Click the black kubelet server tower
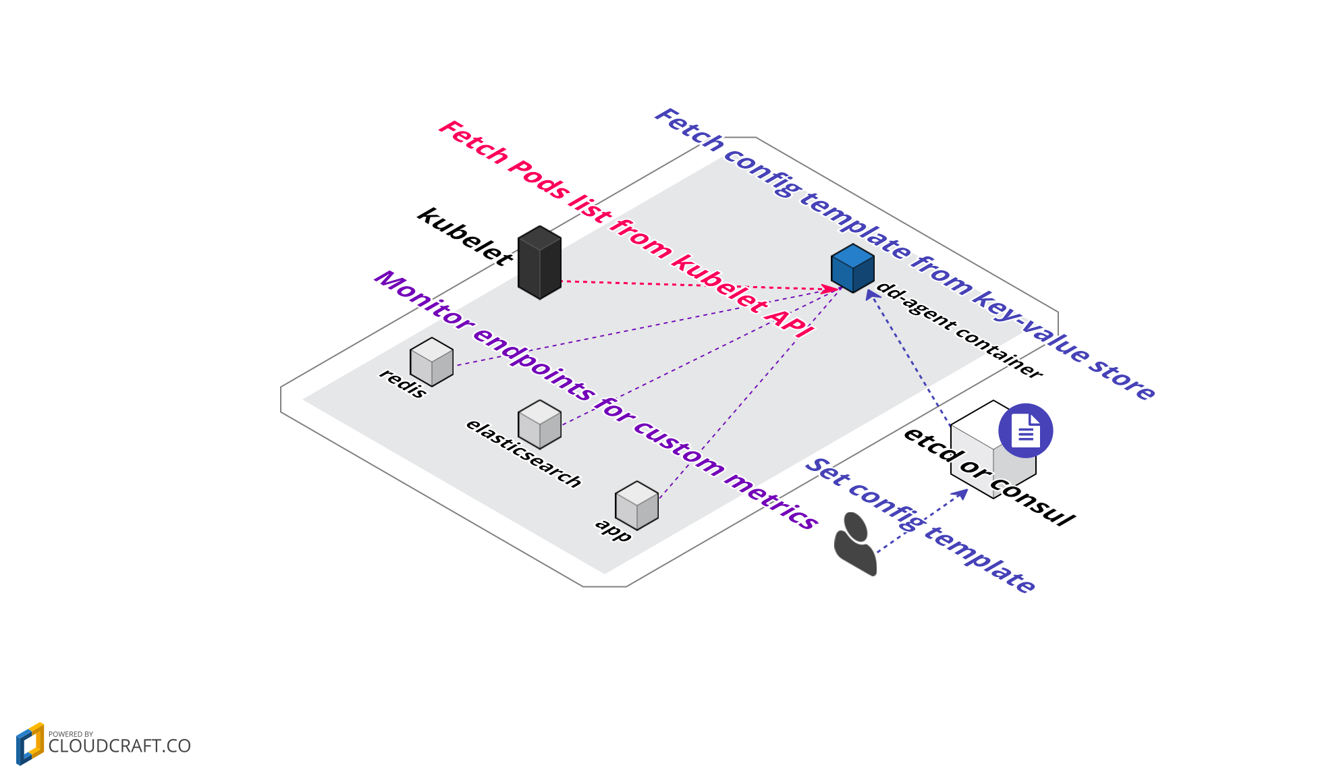[x=539, y=263]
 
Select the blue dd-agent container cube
[x=852, y=269]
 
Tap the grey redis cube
[x=431, y=362]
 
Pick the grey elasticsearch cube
[x=539, y=424]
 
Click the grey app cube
[x=636, y=505]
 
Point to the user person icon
[x=855, y=544]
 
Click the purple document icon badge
[x=1025, y=431]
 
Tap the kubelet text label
[x=465, y=237]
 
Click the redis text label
[x=403, y=383]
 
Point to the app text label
[x=613, y=530]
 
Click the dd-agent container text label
[x=959, y=331]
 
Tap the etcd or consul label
[x=989, y=476]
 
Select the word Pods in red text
[x=539, y=179]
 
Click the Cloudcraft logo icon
[x=30, y=743]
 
